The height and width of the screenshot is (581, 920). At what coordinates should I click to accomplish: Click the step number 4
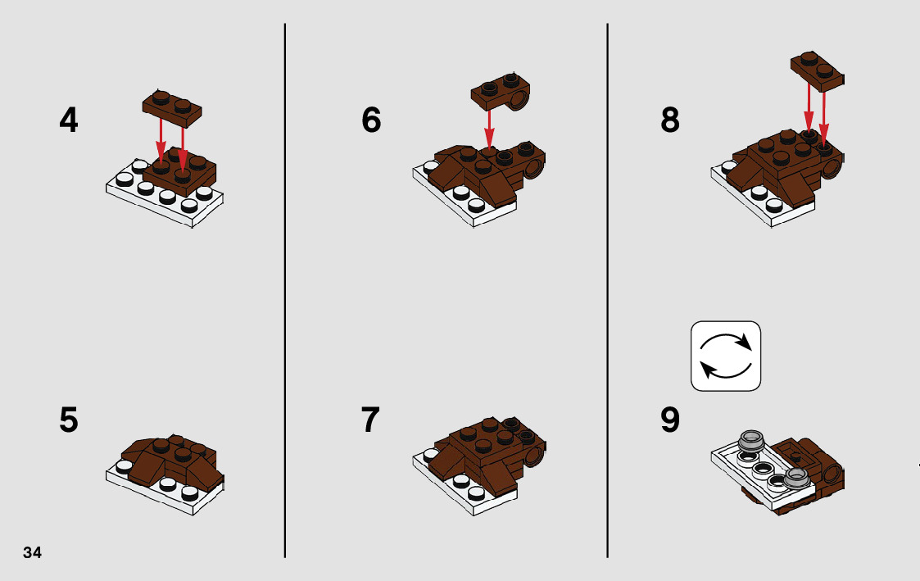(69, 120)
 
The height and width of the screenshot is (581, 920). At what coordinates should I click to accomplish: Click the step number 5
(69, 420)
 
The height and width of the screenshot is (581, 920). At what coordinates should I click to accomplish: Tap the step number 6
(371, 120)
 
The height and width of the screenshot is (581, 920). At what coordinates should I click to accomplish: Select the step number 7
(371, 420)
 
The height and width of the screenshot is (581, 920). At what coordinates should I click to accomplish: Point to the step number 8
(670, 120)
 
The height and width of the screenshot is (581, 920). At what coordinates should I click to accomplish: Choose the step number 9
(670, 420)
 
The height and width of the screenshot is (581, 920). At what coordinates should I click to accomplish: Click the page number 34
(32, 552)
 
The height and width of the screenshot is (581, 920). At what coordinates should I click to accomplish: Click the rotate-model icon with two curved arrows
(726, 356)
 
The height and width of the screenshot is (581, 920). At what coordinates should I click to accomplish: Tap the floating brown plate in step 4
(172, 108)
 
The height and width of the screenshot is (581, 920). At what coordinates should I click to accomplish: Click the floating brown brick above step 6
(501, 92)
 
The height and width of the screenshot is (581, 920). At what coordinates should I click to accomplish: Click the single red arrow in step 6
(489, 129)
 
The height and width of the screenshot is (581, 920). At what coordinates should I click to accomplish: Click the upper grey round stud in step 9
(750, 439)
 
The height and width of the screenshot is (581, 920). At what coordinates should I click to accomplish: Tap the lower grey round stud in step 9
(796, 478)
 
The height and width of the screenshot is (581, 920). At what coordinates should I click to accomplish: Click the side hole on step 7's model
(534, 456)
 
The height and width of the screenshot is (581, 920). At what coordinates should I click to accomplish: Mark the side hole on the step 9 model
(832, 470)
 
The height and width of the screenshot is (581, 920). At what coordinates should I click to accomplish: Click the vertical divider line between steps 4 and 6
(285, 290)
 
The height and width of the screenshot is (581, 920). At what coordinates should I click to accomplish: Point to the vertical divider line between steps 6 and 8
(607, 290)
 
